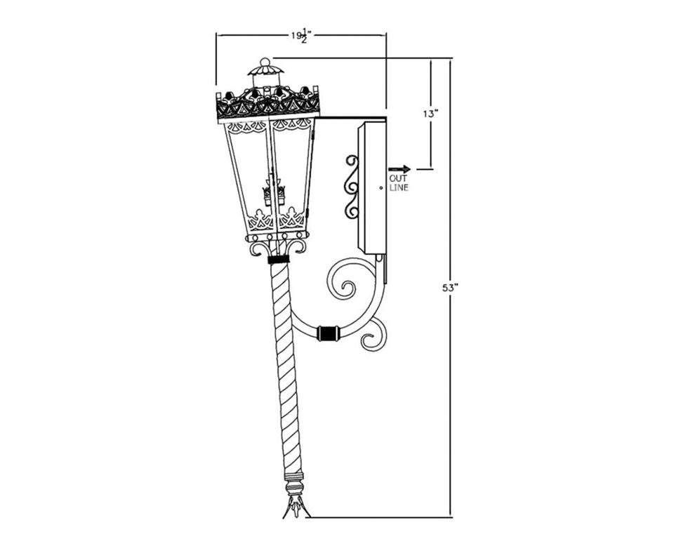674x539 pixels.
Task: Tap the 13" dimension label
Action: point(430,114)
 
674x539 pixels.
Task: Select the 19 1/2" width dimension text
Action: point(301,36)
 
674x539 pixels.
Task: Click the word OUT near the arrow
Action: point(398,178)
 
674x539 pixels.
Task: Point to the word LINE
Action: point(399,187)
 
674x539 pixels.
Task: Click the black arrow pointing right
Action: point(399,169)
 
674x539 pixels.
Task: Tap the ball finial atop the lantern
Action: point(265,62)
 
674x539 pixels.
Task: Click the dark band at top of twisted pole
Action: point(278,259)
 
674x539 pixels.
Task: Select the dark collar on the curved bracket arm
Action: point(328,333)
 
